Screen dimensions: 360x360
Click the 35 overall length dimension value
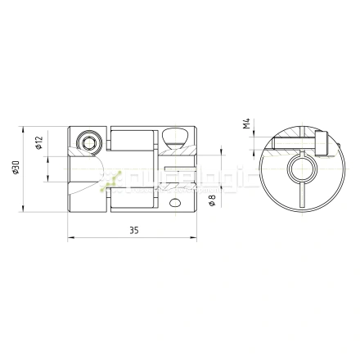coord(133,232)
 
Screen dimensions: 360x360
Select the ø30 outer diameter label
coord(16,169)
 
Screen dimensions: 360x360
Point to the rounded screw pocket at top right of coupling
coord(174,137)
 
